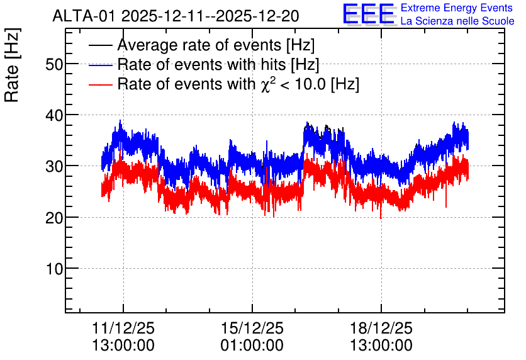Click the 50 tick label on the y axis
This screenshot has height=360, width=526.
(54, 64)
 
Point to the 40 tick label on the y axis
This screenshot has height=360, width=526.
(54, 115)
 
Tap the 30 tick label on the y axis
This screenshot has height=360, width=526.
(54, 166)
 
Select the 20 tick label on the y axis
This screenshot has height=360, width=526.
(54, 218)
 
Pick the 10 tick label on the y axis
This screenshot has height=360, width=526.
(54, 269)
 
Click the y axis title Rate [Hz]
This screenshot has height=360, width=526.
(12, 65)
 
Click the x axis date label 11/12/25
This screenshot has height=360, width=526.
(123, 328)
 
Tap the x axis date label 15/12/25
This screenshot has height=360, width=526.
(252, 328)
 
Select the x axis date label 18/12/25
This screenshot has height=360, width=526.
(381, 328)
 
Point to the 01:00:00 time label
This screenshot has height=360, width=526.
(252, 346)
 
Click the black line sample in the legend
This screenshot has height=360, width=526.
(100, 45)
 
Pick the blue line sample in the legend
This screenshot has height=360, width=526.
(100, 65)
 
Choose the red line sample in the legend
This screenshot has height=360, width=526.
(100, 84)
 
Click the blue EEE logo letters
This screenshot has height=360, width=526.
(369, 14)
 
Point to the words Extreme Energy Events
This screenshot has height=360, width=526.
(457, 8)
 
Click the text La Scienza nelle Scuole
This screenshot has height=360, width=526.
(457, 21)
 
